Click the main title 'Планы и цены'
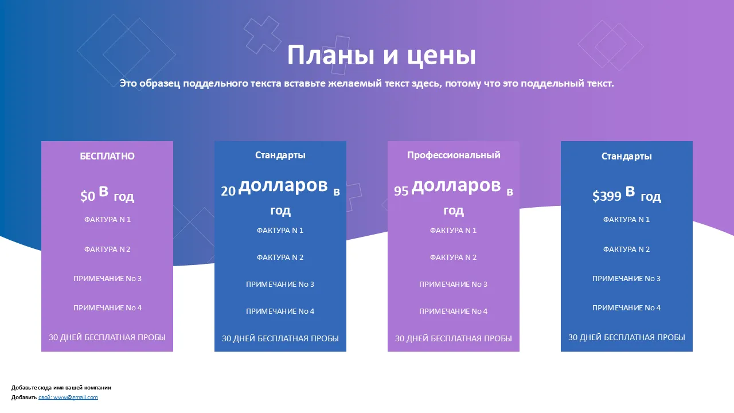coord(381,55)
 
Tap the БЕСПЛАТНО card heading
coord(107,156)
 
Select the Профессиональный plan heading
coord(454,155)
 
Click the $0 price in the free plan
coord(88,196)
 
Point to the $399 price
coord(607,196)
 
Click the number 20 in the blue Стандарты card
coord(228,191)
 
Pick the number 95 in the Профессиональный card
coord(401,191)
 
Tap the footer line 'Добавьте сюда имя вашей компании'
coord(61,387)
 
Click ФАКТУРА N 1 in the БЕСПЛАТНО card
coord(107,219)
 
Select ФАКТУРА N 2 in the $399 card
coord(626,249)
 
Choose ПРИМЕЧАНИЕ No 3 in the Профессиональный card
coord(453,284)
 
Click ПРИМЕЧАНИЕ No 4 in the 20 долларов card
coord(280,311)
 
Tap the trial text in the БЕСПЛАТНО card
coord(107,337)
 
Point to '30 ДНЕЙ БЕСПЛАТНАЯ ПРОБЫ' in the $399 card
coord(627,337)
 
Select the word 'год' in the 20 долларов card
coord(280,211)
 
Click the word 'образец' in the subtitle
coord(159,84)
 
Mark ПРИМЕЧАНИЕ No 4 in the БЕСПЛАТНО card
coord(107,308)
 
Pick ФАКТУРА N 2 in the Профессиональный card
coord(453,258)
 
